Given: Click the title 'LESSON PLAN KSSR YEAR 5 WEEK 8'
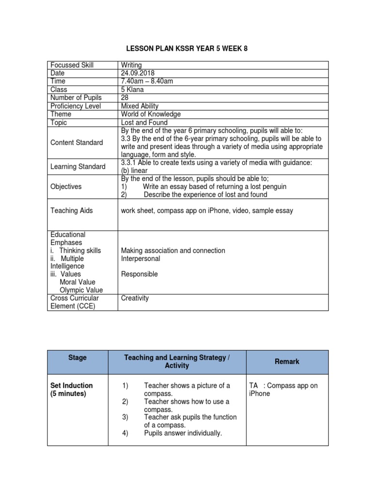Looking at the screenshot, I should coord(186,49).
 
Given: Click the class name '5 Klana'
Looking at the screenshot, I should coord(134,89).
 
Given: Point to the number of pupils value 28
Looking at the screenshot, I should coord(125,98).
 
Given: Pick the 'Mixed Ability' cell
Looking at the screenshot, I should coord(140,106).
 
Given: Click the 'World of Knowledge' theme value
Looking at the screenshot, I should coord(151,114).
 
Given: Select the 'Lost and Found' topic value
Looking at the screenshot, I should coord(144,122).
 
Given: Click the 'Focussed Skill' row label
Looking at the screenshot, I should coord(72,65).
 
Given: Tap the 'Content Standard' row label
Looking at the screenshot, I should coord(77,143).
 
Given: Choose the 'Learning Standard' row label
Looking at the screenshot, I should coord(77,167).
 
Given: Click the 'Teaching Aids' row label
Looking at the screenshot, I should coord(72,211).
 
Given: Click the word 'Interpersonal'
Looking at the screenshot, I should coord(140,259).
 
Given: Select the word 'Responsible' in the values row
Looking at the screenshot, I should coord(139,274).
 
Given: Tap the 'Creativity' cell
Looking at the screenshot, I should coord(135,298).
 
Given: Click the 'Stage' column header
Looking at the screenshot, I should coord(78,358).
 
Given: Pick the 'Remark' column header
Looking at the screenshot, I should coord(287,362).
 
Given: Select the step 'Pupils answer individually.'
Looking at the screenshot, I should coord(183,433).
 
